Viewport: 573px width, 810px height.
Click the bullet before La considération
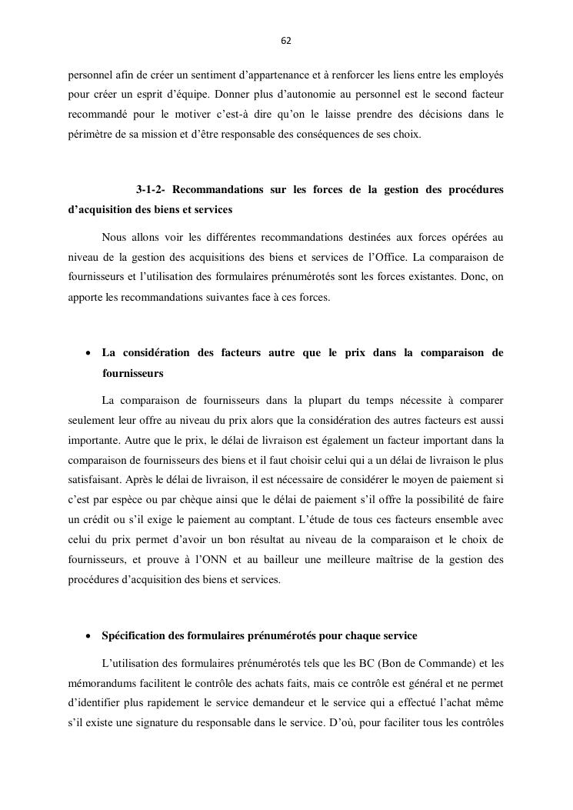pyautogui.click(x=88, y=354)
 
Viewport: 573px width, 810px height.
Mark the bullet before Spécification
pyautogui.click(x=88, y=637)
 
